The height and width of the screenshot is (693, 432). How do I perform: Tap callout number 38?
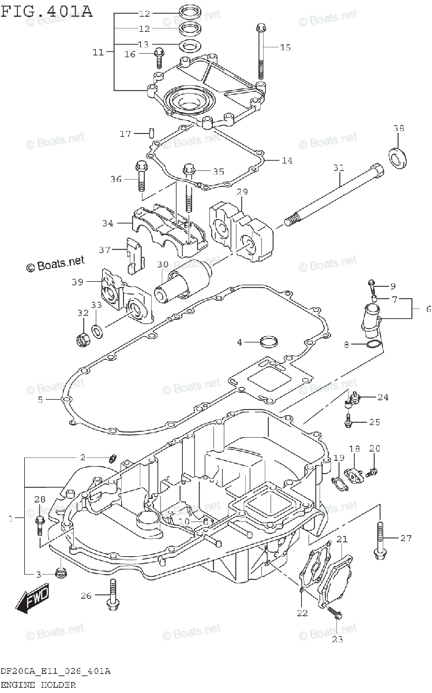(x=399, y=128)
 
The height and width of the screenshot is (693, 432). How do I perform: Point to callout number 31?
(x=339, y=167)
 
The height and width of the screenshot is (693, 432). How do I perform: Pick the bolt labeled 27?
(x=380, y=540)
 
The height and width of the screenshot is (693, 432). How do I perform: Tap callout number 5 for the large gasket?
(x=40, y=399)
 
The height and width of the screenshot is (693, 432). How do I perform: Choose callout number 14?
(x=287, y=160)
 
